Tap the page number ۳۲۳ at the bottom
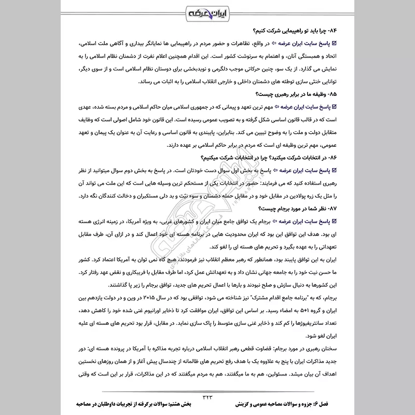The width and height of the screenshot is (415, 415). pyautogui.click(x=208, y=396)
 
